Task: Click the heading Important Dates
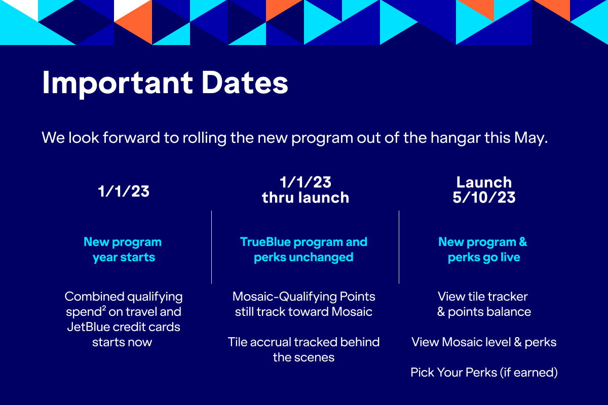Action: click(165, 83)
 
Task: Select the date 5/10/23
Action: click(484, 197)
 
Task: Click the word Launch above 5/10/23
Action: click(484, 182)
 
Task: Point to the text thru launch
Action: click(306, 197)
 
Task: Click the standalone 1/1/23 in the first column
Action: click(124, 191)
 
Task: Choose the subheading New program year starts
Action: click(123, 250)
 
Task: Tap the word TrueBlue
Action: click(264, 242)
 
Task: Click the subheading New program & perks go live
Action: click(483, 250)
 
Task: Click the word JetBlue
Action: click(92, 327)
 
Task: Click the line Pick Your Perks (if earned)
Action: click(484, 373)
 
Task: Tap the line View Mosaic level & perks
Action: click(484, 342)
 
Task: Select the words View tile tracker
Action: click(483, 296)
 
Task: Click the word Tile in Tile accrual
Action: click(238, 342)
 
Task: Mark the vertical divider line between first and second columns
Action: click(211, 247)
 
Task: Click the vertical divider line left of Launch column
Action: click(399, 247)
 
